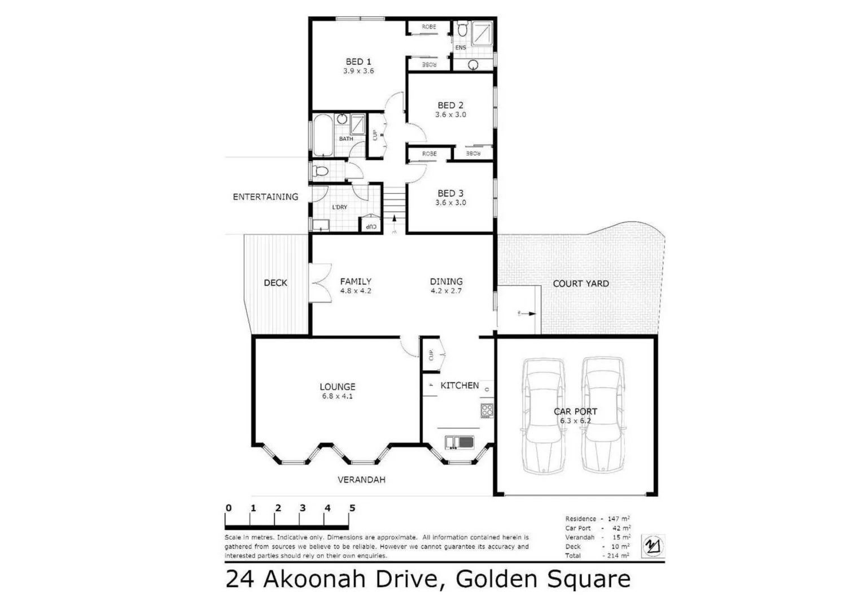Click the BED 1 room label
pos(358,62)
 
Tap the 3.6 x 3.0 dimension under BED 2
pos(450,115)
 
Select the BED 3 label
pos(450,193)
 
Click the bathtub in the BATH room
pos(323,136)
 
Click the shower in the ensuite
pos(482,33)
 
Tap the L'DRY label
pos(339,207)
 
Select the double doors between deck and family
pos(320,283)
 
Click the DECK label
pos(275,282)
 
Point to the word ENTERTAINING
pos(265,197)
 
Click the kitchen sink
pos(458,442)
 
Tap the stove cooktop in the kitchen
pos(487,411)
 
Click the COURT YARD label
pos(580,284)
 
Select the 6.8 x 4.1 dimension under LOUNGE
pos(338,396)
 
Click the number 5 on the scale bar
pos(352,508)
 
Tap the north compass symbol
pos(653,546)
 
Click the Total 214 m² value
pos(617,556)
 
